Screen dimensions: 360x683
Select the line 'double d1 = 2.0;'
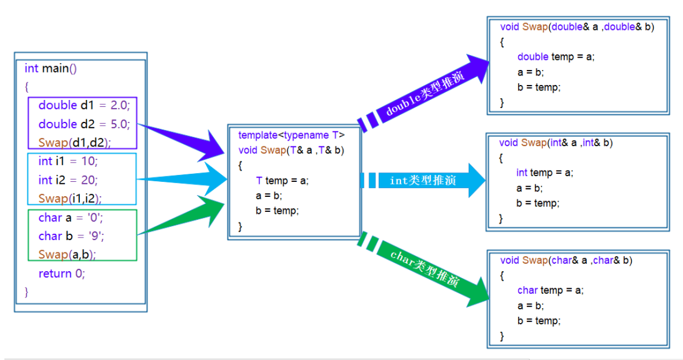pos(83,105)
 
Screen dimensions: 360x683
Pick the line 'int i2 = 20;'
pos(68,180)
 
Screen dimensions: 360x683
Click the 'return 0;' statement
pos(61,273)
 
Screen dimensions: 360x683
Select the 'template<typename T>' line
pos(291,135)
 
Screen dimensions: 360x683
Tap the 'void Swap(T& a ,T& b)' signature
pos(291,150)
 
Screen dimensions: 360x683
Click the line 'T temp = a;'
pos(282,181)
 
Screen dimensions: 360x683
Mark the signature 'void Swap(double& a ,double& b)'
pos(577,27)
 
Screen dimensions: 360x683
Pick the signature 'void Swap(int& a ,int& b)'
pos(556,142)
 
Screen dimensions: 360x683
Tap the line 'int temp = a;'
pos(544,172)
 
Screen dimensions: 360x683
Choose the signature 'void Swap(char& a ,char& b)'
pos(566,260)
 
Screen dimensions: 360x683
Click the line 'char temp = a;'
pos(550,290)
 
